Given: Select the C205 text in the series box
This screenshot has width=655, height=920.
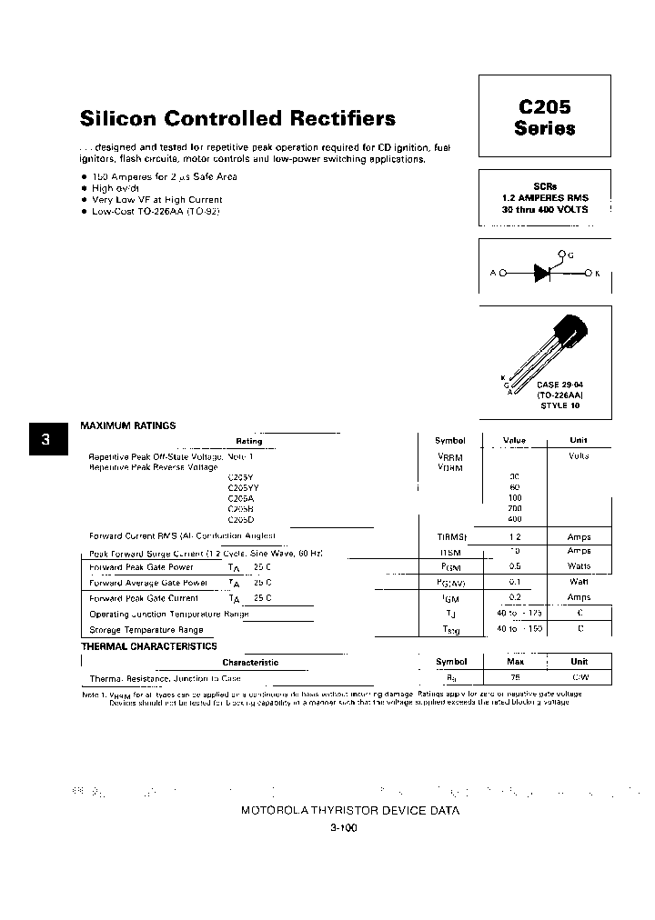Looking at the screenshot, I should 544,106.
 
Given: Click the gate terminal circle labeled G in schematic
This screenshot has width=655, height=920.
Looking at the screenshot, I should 561,255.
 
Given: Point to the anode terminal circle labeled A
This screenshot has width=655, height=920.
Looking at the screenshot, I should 501,273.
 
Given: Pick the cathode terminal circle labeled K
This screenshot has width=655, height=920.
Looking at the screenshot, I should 588,273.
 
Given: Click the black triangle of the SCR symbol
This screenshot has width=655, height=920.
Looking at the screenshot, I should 543,273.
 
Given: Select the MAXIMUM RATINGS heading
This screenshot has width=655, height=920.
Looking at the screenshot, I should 128,425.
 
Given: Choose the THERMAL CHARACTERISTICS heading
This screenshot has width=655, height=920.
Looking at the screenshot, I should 149,646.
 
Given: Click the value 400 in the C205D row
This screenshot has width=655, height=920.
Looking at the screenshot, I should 515,518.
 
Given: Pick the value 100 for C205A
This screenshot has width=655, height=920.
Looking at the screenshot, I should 515,497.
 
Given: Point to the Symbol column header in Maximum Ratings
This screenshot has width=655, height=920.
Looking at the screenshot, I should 449,441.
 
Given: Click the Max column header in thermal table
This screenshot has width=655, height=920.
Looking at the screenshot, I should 515,662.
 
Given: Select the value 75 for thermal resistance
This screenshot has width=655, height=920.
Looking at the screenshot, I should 515,678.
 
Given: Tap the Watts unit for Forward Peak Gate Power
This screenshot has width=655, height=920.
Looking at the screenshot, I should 579,566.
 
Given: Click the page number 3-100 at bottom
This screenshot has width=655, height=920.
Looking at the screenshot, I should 342,828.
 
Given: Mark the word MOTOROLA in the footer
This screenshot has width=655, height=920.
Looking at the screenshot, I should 276,811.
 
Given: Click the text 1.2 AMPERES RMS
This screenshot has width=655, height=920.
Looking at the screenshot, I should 544,197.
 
